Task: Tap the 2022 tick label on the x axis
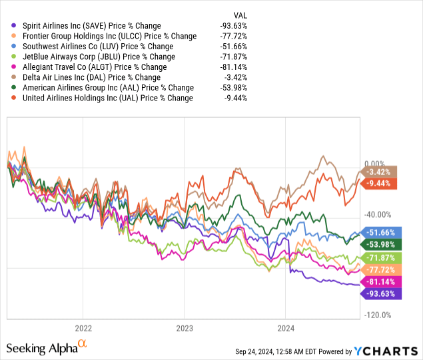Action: [x=83, y=327]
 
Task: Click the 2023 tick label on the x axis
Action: [x=184, y=327]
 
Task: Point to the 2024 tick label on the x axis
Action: [x=285, y=327]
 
